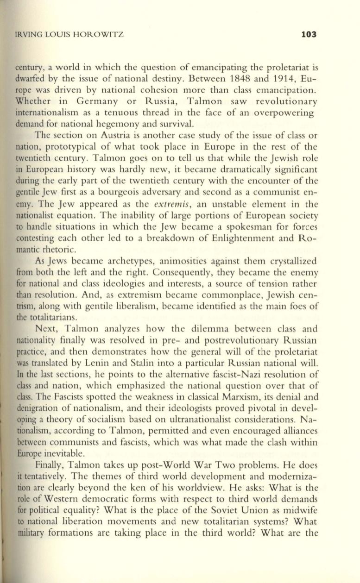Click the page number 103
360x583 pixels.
[x=308, y=34]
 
